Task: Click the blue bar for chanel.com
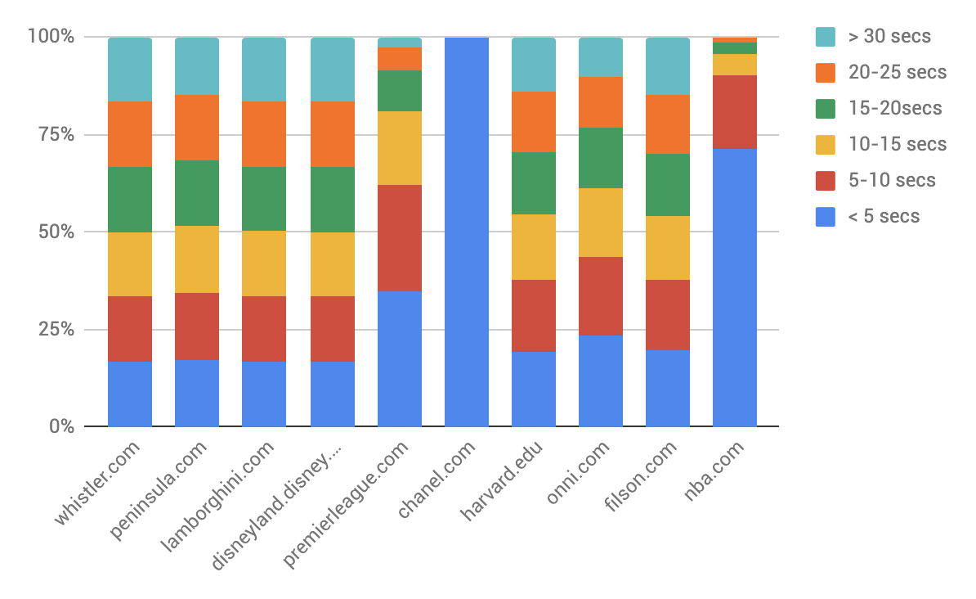coord(466,232)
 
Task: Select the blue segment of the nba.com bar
coord(734,287)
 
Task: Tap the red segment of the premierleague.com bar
coord(399,237)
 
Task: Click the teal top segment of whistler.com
coord(130,69)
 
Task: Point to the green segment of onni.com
coord(600,157)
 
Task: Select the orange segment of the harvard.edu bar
coord(533,121)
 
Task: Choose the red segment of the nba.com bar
coord(734,111)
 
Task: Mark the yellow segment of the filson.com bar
coord(667,247)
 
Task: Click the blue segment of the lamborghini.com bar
coord(264,394)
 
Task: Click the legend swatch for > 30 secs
coord(826,36)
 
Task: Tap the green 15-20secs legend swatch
coord(826,108)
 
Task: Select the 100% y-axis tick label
coord(50,37)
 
